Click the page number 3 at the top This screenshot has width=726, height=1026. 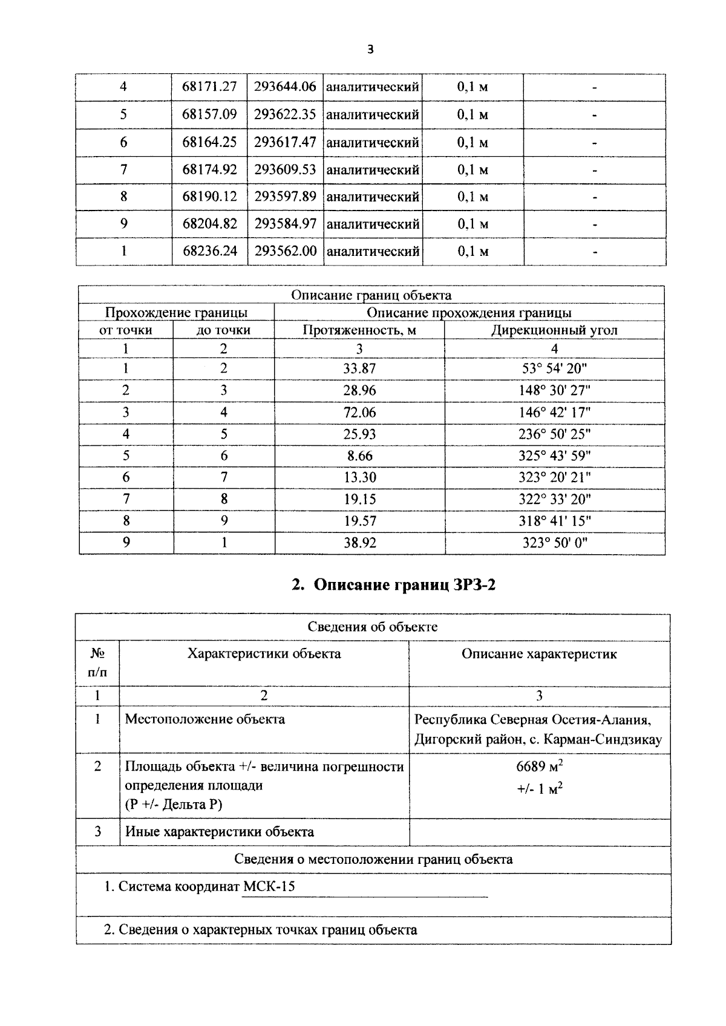coord(370,50)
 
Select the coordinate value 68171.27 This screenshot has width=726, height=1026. coord(209,87)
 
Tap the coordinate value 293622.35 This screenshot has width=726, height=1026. coord(285,114)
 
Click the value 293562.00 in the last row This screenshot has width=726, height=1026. coord(285,251)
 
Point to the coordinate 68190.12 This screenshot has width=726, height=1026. coord(209,197)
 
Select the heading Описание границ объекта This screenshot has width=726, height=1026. coord(371,295)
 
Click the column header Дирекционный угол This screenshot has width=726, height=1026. coord(554,330)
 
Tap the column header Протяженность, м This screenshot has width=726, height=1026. coord(359,330)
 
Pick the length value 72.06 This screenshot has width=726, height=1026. coord(359,412)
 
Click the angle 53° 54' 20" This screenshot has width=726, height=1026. coord(554,368)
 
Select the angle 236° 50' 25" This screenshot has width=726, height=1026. coord(554,434)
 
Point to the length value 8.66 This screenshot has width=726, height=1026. coord(359,456)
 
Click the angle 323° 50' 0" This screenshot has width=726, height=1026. coord(554,543)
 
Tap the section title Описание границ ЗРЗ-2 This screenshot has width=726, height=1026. coord(394,585)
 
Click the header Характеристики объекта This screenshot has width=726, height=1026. coord(264,654)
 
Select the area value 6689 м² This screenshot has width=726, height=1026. coord(539,766)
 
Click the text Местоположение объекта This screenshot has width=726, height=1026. coord(204,719)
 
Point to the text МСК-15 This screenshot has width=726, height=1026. coord(269,887)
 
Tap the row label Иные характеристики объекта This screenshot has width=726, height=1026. coord(219,832)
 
